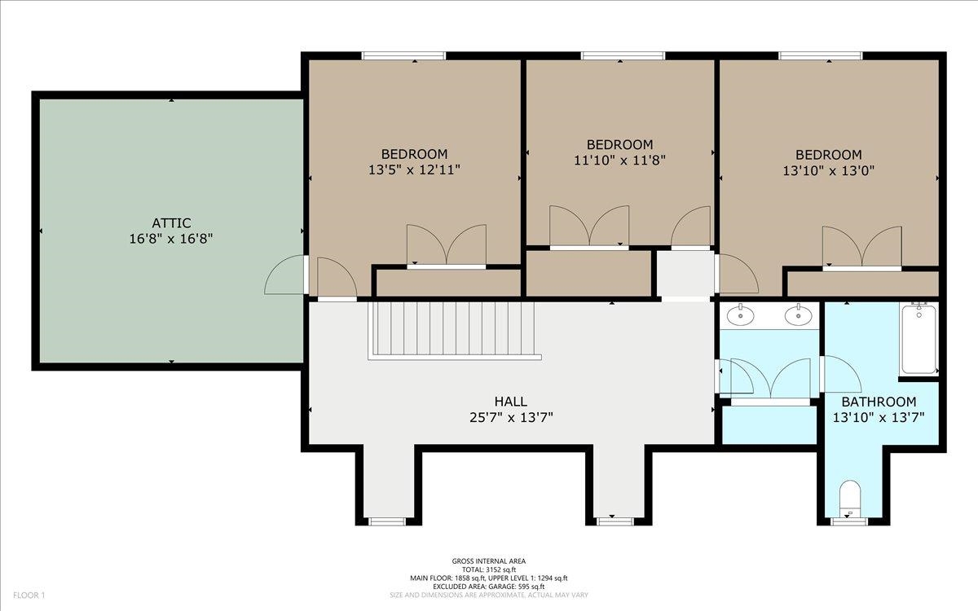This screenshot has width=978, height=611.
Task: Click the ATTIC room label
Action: [171, 223]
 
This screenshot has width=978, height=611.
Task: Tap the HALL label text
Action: [510, 401]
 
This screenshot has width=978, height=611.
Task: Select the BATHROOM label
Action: [879, 402]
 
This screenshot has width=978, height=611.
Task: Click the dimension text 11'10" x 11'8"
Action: [619, 160]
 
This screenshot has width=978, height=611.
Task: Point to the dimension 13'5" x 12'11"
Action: [414, 169]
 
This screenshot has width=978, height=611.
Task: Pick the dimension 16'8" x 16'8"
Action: [171, 240]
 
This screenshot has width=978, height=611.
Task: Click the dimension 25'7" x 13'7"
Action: [511, 418]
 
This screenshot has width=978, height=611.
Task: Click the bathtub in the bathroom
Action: [919, 340]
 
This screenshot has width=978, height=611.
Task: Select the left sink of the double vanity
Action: [741, 315]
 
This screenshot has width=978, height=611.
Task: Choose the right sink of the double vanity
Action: [799, 315]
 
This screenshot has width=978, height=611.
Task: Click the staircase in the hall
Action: [455, 331]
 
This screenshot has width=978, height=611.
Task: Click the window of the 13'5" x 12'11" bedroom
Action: [404, 56]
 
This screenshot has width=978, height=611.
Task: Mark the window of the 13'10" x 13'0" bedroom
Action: [821, 56]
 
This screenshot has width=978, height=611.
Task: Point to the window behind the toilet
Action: [849, 521]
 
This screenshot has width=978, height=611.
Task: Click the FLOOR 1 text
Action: [29, 596]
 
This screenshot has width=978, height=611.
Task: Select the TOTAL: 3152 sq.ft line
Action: [489, 569]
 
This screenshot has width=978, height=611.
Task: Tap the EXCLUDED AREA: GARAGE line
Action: [489, 587]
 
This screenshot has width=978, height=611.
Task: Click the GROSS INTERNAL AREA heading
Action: [489, 561]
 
